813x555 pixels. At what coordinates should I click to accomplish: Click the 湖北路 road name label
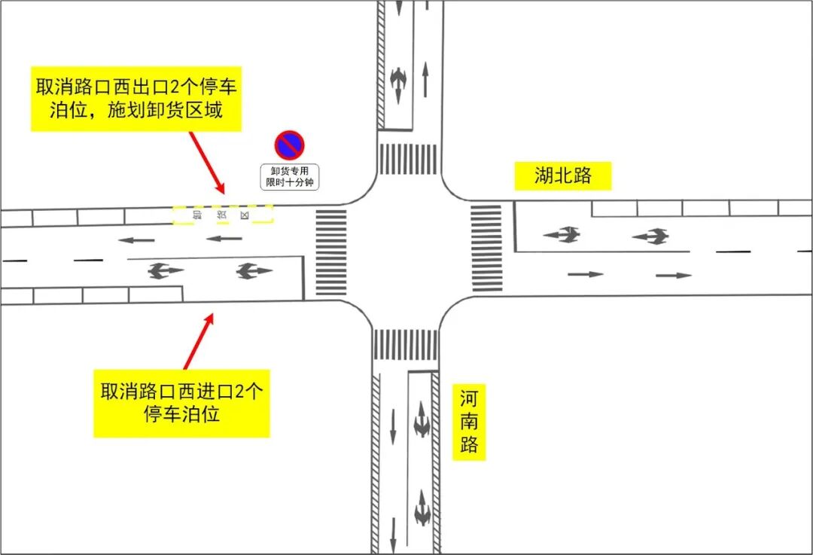562,176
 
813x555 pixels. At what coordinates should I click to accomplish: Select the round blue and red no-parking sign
289,145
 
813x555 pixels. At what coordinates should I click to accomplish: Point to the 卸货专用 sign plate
289,177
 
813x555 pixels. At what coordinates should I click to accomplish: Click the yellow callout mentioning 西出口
135,99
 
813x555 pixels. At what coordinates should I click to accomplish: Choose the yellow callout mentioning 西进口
181,403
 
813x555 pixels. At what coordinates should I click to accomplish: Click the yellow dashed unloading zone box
222,215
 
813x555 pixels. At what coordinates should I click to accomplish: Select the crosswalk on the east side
486,247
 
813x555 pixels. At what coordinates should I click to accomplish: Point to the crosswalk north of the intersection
407,159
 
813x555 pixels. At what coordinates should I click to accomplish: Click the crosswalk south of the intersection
405,345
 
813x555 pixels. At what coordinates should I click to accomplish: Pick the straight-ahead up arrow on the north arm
425,79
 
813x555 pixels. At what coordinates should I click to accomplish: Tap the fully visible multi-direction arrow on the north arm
398,83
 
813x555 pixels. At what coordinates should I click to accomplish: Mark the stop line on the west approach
303,277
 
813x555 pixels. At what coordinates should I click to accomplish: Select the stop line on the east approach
515,226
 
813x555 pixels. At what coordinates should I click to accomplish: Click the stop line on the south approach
422,372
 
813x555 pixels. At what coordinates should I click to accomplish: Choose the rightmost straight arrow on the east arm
673,276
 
